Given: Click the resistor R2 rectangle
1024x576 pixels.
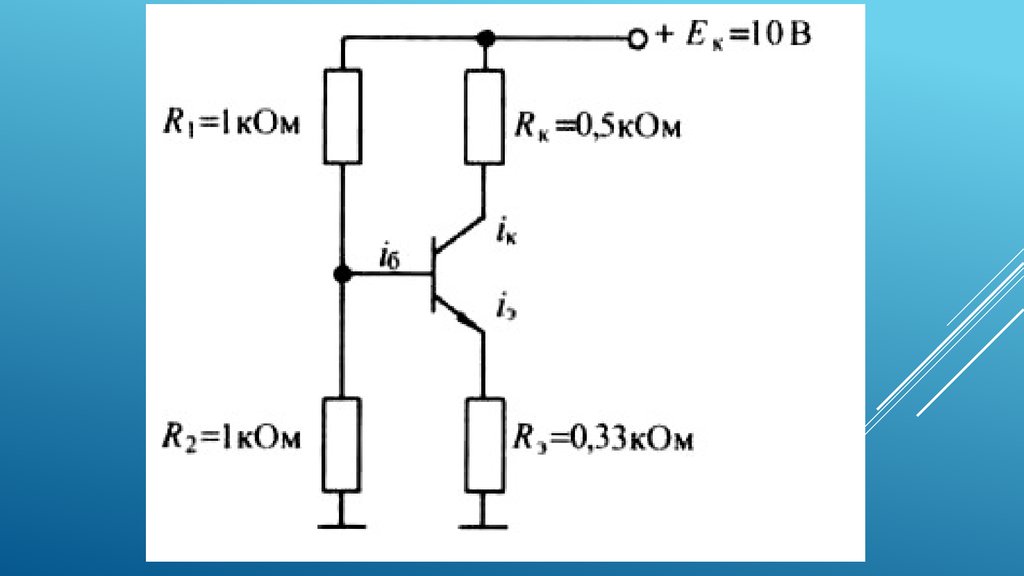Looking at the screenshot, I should (342, 443).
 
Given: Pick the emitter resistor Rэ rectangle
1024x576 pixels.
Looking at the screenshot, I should (484, 443).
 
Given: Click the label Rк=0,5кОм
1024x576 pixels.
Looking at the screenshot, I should (597, 127).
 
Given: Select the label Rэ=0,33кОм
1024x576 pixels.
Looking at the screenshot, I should (602, 438).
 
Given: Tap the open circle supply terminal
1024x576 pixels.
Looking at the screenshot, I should (635, 39).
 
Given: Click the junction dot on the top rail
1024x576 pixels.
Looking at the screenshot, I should (485, 39).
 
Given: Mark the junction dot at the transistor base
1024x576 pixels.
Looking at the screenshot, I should (342, 274).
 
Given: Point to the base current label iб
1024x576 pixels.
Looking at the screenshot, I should (389, 258).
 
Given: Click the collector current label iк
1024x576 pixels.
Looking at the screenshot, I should (506, 234).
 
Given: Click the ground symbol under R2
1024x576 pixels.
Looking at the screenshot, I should (342, 518).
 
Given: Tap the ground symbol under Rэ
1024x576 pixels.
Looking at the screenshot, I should (484, 518).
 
